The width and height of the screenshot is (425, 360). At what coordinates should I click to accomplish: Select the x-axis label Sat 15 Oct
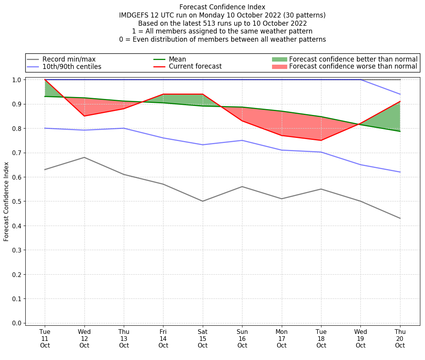pos(202,338)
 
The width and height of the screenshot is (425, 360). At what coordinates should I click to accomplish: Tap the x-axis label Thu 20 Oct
pos(400,338)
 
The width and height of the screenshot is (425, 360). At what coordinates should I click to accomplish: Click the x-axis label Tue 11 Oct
pos(45,338)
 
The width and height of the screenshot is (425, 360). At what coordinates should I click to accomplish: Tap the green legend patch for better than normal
pos(279,60)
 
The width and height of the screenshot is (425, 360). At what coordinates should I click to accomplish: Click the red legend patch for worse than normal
pos(279,67)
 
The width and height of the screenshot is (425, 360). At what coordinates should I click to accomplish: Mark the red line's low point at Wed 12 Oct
pos(84,116)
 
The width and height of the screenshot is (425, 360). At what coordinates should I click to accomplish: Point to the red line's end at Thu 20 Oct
pos(400,101)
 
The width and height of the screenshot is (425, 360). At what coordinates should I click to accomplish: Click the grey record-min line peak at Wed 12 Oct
pos(84,157)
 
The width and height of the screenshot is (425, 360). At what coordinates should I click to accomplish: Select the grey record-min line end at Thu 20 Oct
pos(400,218)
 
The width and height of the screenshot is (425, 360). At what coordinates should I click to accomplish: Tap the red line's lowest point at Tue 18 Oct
pos(321,140)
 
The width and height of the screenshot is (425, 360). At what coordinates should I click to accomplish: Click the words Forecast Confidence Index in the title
pos(222,7)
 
